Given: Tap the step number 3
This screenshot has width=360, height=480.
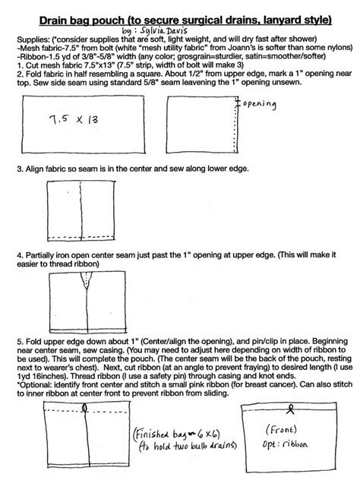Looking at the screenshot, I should [19, 166].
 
